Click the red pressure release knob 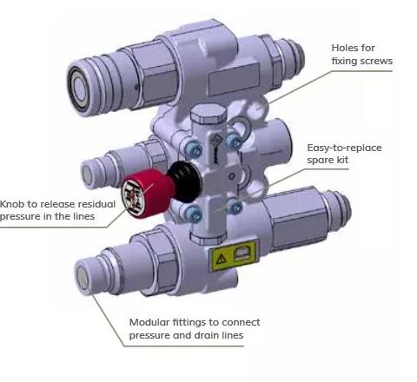pyautogui.click(x=147, y=194)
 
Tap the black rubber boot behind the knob pyautogui.click(x=185, y=181)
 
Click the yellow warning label pyautogui.click(x=234, y=256)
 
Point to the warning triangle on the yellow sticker pyautogui.click(x=222, y=259)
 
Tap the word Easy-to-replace pyautogui.click(x=344, y=148)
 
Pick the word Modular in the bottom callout pyautogui.click(x=149, y=322)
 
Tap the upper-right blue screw pyautogui.click(x=234, y=141)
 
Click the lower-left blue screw pyautogui.click(x=193, y=214)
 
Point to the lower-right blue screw pyautogui.click(x=235, y=206)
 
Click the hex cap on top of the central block pyautogui.click(x=208, y=113)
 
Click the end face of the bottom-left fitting pyautogui.click(x=84, y=279)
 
